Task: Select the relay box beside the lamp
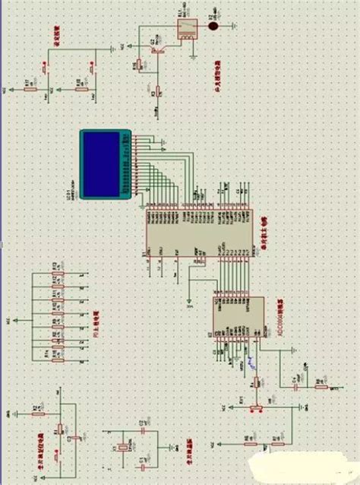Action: coord(185,28)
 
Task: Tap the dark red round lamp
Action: coord(214,26)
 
